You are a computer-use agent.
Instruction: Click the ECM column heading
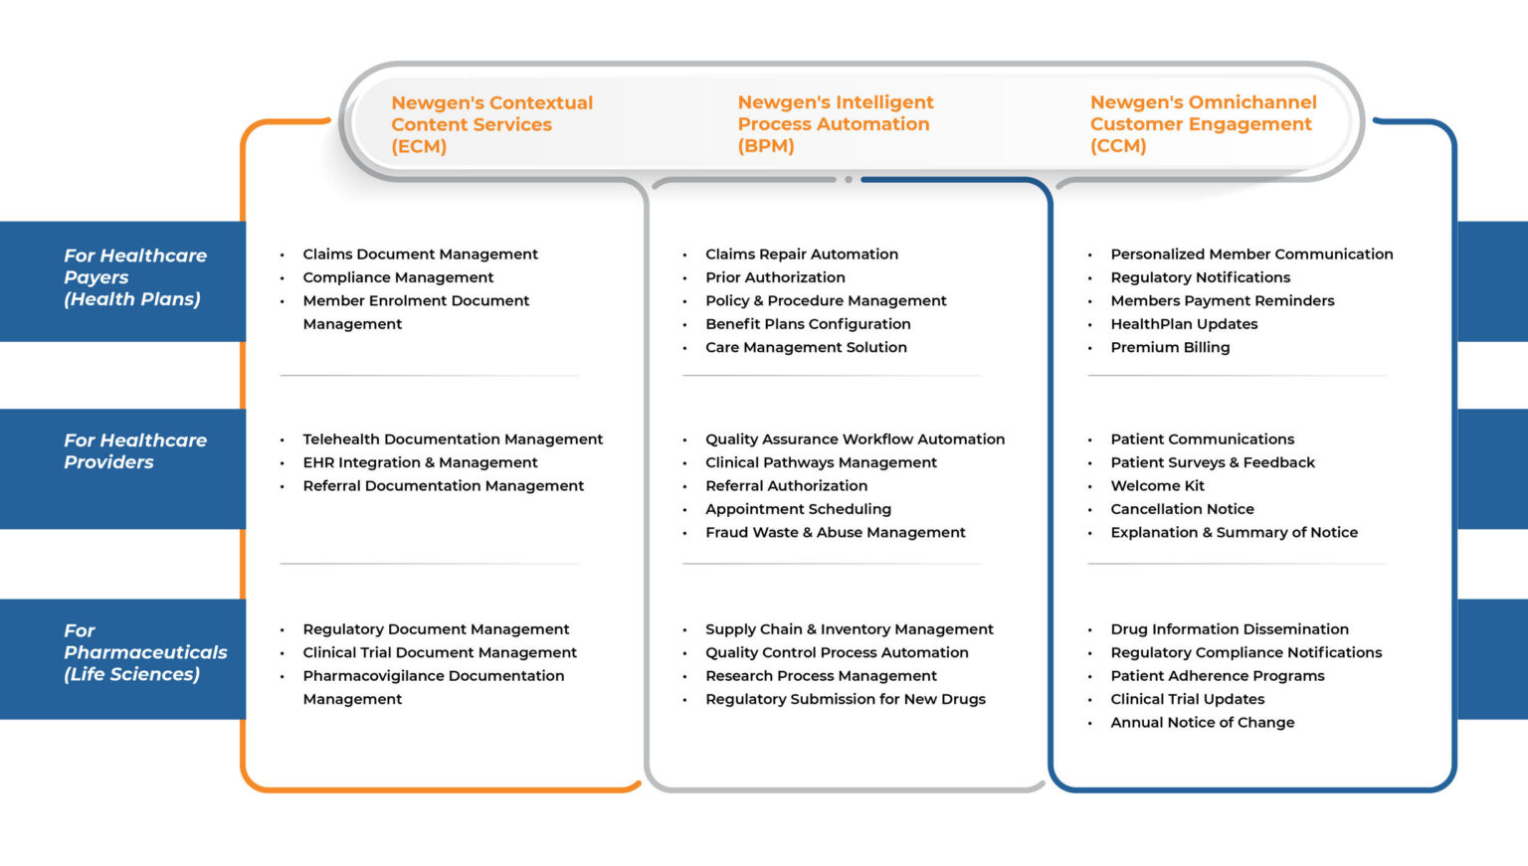491,124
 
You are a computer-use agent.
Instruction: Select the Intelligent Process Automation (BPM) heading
835,124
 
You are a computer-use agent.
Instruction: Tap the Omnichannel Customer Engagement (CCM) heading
1202,124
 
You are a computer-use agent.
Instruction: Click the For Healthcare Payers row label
134,277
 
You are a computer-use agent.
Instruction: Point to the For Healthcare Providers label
134,451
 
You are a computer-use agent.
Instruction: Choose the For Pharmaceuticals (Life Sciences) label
144,652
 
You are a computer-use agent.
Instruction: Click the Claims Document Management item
420,255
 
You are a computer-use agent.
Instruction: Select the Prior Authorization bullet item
775,277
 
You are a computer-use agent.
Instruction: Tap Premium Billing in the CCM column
1170,347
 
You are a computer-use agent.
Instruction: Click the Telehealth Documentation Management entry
453,439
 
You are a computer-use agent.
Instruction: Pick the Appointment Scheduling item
798,509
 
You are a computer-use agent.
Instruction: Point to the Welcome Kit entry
1157,486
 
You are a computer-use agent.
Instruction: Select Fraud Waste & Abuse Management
835,533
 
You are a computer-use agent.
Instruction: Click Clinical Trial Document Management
440,652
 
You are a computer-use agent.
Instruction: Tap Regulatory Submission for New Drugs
845,699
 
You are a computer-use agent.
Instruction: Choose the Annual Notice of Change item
1202,723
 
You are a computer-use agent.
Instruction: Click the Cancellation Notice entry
1182,509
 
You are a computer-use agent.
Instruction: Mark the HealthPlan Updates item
1184,324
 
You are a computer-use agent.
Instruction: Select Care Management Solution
806,347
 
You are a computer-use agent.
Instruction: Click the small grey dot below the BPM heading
849,180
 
